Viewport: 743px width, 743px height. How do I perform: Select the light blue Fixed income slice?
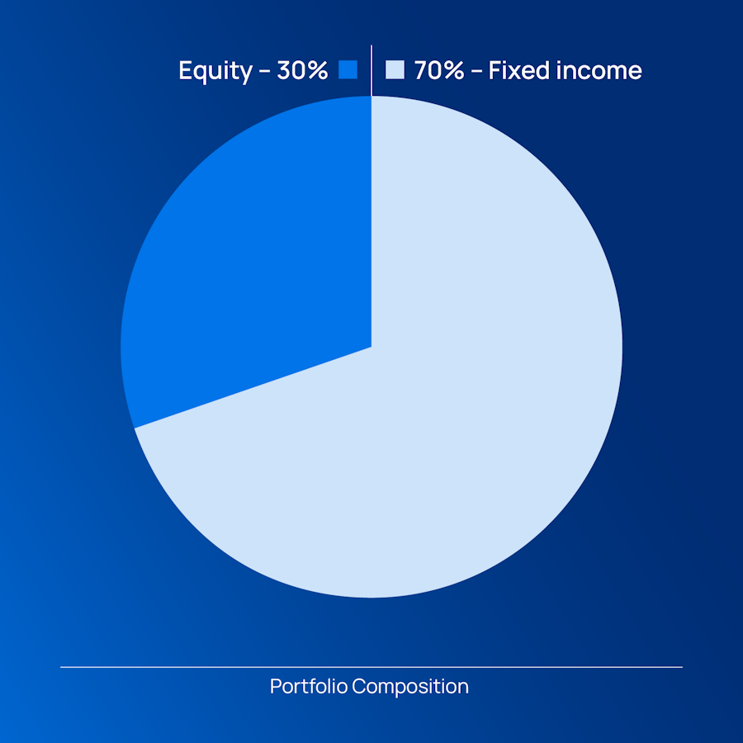pos(427,427)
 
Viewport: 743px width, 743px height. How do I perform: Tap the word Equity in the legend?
pos(215,71)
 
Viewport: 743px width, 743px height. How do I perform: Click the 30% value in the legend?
pos(302,70)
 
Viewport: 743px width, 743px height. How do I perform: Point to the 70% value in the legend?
pos(439,70)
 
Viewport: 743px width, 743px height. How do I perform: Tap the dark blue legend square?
pos(348,69)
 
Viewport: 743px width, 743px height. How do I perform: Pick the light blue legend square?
pos(395,69)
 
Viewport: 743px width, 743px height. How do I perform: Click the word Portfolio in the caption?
pos(309,686)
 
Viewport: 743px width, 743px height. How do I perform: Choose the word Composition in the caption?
pos(410,687)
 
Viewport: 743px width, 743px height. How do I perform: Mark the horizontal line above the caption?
pos(371,667)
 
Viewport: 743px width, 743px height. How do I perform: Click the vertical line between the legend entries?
pos(371,71)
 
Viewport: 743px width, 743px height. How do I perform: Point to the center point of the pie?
pos(371,347)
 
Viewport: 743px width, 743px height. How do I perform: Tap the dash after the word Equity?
pos(265,72)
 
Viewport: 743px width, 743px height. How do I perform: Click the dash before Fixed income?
pos(476,72)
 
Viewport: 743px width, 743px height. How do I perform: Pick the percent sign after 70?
pos(453,70)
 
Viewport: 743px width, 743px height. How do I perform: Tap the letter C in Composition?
pos(360,686)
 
